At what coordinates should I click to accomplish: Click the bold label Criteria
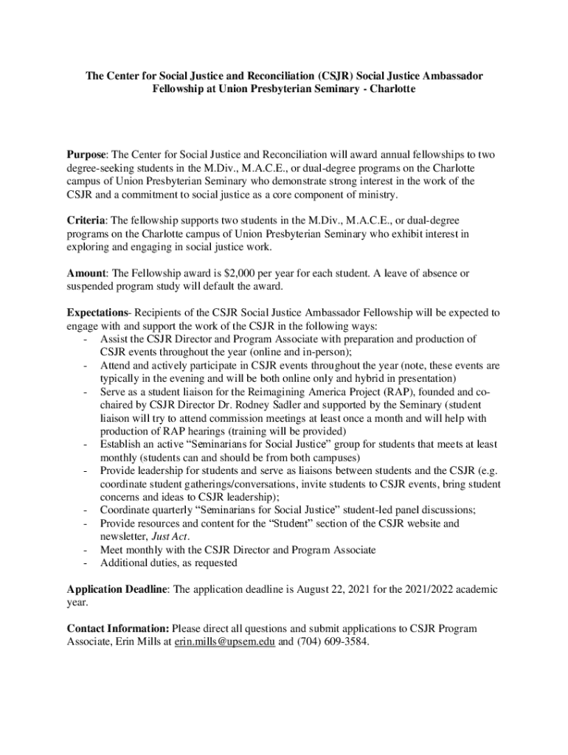click(86, 220)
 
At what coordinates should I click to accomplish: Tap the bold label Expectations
click(97, 313)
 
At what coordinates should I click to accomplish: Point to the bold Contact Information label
click(118, 629)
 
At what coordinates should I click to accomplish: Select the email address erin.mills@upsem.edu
click(224, 642)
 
